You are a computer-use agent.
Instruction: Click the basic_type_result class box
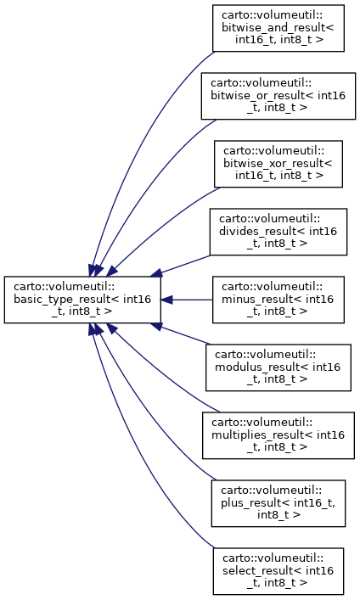point(82,300)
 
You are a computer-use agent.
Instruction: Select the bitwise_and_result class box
point(278,28)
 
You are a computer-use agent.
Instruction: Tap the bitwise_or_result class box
point(278,96)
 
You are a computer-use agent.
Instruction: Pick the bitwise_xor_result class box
point(278,164)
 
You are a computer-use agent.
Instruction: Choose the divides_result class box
point(278,232)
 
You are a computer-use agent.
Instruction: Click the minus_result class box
point(278,300)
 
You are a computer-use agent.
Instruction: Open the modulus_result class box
point(278,367)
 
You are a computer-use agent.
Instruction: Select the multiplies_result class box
point(278,435)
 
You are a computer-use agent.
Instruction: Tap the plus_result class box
point(278,503)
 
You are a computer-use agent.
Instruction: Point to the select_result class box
point(278,571)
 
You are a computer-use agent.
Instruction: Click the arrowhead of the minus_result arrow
point(166,300)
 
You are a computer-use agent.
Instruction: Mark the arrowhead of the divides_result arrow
point(156,273)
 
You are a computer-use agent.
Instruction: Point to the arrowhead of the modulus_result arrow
point(156,326)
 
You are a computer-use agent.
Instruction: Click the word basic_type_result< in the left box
point(63,299)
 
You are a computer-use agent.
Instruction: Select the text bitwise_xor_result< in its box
point(278,164)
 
